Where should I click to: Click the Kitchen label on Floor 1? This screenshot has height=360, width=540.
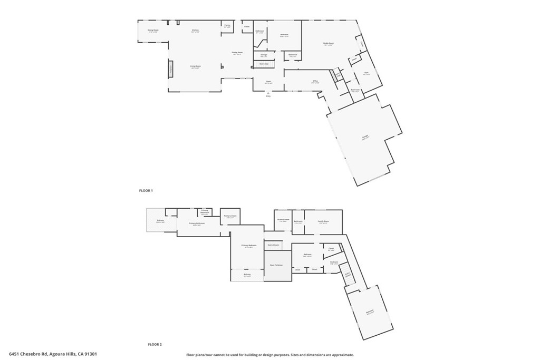[x=195, y=30]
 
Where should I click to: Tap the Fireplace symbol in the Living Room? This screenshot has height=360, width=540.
[x=171, y=69]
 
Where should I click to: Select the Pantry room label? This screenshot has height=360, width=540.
[x=227, y=25]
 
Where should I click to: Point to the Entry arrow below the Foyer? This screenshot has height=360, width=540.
[x=268, y=95]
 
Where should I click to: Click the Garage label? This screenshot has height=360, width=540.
[x=365, y=137]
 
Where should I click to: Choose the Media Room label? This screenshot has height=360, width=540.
[x=329, y=43]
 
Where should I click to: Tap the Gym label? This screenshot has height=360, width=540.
[x=366, y=73]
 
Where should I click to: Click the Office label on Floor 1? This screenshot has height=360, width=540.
[x=315, y=81]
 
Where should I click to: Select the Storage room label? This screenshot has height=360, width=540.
[x=264, y=55]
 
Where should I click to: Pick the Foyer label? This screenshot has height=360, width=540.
[x=268, y=82]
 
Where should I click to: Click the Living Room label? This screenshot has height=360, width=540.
[x=195, y=66]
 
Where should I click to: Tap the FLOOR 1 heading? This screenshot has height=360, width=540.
[x=146, y=190]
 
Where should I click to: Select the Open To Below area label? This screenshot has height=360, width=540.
[x=277, y=265]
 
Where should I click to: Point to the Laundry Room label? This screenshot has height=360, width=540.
[x=282, y=220]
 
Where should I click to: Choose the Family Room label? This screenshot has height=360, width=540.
[x=323, y=221]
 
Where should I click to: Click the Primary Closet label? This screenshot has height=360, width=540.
[x=230, y=216]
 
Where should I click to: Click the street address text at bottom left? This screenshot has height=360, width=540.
[x=53, y=354]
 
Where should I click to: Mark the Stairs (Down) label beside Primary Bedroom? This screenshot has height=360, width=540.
[x=273, y=245]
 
